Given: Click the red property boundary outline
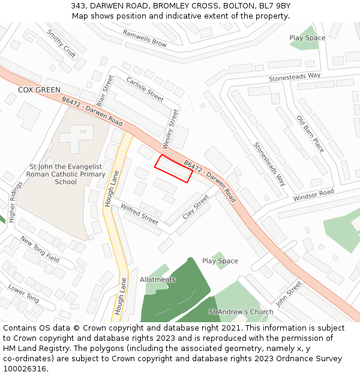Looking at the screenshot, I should tap(174, 169).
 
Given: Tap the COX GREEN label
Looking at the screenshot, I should tap(39, 90).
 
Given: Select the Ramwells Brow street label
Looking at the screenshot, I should tap(145, 38).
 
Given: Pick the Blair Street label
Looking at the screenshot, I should tap(104, 90).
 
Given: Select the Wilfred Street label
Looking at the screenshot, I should tap(139, 214).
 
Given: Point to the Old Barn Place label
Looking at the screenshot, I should tap(310, 134).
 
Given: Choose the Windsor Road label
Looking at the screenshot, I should tap(313, 195).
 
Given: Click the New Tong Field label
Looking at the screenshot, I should tap(40, 249).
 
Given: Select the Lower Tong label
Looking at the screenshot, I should tap(23, 293).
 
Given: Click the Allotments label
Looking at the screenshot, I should tap(158, 280).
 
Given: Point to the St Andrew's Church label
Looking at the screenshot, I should tap(241, 312).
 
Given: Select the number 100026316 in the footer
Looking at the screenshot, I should tap(25, 368).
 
